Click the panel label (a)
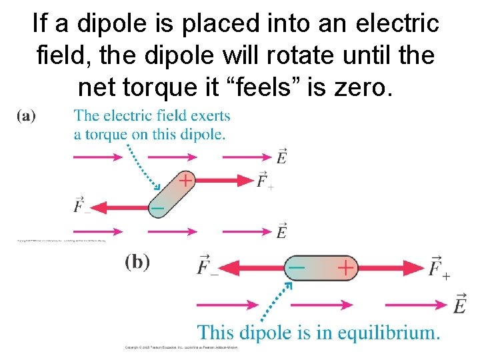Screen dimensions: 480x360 click(x=27, y=116)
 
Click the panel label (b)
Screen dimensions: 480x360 click(x=137, y=261)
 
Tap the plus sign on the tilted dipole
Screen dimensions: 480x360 click(x=185, y=180)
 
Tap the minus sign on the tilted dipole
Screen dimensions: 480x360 click(x=157, y=209)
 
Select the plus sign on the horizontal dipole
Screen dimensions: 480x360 click(x=345, y=267)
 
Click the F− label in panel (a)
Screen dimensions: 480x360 click(x=82, y=205)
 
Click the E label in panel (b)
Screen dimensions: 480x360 click(x=459, y=304)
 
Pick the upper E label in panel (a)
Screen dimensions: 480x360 click(x=281, y=157)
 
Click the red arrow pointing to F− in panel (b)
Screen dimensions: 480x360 click(x=253, y=267)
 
